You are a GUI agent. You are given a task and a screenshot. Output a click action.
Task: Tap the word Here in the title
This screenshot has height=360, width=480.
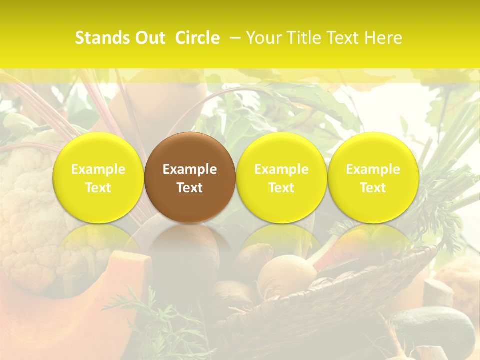[384, 38]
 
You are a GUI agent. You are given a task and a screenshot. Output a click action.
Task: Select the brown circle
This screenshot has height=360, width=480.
[190, 177]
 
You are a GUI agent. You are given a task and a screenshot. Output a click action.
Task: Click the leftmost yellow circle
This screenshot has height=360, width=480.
[98, 177]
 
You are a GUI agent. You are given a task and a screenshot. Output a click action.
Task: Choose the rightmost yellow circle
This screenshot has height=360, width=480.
[373, 177]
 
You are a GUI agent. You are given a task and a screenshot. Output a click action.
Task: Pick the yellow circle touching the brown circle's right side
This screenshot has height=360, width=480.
[281, 177]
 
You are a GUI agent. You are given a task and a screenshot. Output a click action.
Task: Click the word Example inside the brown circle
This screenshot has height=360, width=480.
[190, 169]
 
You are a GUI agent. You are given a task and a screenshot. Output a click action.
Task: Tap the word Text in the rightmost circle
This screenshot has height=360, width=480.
[373, 188]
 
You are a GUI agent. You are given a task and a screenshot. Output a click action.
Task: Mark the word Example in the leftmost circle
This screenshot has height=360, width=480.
[98, 169]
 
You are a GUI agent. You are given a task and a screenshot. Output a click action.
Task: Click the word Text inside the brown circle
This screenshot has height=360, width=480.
[190, 188]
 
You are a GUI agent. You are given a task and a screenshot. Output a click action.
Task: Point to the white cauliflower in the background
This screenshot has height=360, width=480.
[25, 210]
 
